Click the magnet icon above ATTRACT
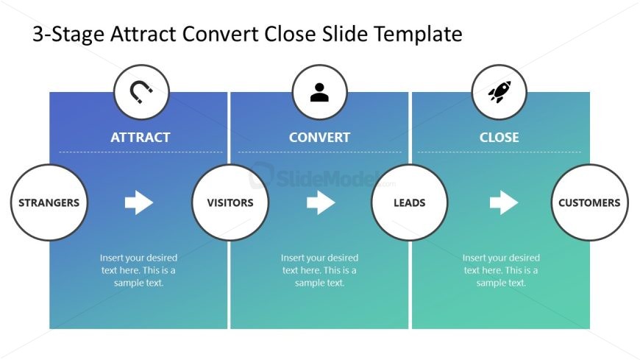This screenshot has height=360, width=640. click(x=141, y=92)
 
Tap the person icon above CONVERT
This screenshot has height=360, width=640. click(x=319, y=92)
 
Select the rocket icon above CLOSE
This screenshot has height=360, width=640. click(x=499, y=92)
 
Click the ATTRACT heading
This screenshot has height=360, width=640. click(x=141, y=137)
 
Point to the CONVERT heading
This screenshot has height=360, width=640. click(x=319, y=137)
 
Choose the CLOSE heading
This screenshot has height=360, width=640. click(x=499, y=137)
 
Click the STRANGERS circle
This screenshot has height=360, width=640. click(x=49, y=202)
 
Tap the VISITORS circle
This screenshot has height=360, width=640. click(x=230, y=202)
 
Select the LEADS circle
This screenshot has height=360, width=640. click(x=410, y=202)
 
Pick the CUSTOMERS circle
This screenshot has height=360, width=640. click(x=589, y=202)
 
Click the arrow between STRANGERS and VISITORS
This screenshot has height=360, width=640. click(x=139, y=202)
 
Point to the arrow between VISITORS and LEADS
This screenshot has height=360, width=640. click(x=321, y=202)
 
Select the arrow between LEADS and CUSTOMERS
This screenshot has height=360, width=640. click(x=504, y=202)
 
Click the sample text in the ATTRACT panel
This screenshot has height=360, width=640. click(x=139, y=270)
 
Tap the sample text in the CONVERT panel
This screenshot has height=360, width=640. click(x=319, y=270)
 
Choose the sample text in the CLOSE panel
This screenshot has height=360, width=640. click(x=501, y=270)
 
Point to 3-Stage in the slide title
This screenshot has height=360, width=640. click(x=68, y=35)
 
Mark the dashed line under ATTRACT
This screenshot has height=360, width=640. click(x=141, y=152)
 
